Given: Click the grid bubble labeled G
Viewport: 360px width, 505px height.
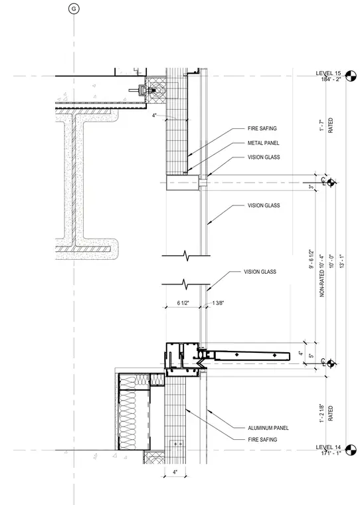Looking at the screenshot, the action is (x=74, y=9).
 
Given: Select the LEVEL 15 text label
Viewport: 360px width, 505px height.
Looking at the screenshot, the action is (x=328, y=74).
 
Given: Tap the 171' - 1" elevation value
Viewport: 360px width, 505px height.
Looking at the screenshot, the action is (x=331, y=453).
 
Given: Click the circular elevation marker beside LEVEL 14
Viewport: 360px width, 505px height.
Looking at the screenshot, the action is (x=351, y=450).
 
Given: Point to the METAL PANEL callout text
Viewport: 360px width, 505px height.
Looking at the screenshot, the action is (x=264, y=143).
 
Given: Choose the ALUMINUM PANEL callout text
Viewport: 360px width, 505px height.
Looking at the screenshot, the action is (x=268, y=428).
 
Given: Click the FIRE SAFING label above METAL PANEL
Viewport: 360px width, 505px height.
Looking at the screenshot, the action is (x=262, y=128).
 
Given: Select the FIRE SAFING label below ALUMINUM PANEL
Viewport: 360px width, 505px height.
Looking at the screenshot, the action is (x=262, y=440).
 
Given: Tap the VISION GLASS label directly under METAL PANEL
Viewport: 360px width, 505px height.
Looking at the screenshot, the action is (x=264, y=157).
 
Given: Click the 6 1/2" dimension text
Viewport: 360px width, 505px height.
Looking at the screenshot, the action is (x=183, y=303).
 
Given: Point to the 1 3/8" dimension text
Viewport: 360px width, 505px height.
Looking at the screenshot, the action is (x=218, y=303).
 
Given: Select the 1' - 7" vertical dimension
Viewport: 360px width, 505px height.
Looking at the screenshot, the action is (x=321, y=126).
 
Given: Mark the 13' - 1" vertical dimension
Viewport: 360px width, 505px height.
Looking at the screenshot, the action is (x=341, y=261).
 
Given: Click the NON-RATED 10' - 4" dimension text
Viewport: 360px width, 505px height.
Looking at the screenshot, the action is (x=321, y=276).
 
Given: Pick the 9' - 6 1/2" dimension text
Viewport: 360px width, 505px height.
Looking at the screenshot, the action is (x=311, y=259).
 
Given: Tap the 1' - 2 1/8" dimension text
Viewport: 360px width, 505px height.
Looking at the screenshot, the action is (x=321, y=413).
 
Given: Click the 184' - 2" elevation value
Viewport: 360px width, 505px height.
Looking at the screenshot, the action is (x=331, y=79).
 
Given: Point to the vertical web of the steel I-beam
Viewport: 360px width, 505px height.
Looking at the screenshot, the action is (x=74, y=180).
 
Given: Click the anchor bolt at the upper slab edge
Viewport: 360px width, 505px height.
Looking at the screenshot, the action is (x=141, y=90).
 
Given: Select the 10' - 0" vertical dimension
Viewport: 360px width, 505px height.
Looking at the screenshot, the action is (x=331, y=261).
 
